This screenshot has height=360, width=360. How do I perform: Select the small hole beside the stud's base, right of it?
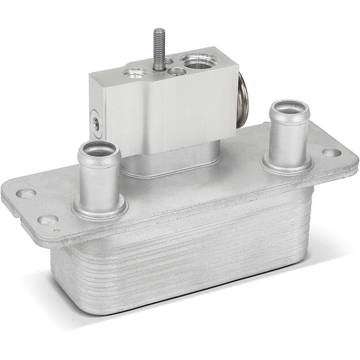pyautogui.click(x=177, y=71)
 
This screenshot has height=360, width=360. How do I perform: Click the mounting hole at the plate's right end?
pyautogui.click(x=331, y=152)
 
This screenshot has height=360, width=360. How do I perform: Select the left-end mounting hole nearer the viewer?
pyautogui.click(x=47, y=220)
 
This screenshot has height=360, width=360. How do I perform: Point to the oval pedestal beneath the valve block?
pyautogui.click(x=169, y=164)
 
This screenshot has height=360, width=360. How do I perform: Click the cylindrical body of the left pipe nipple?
pyautogui.click(x=99, y=178)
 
